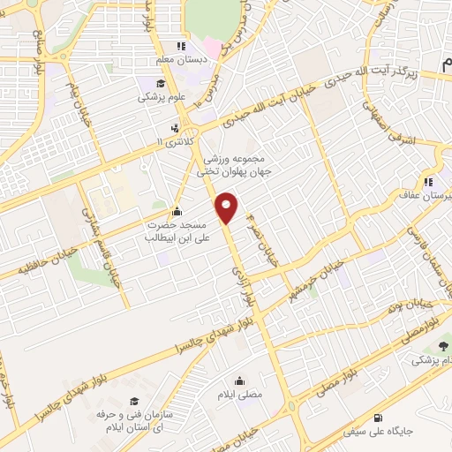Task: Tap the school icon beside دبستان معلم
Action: (180, 46)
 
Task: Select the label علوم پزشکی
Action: (161, 98)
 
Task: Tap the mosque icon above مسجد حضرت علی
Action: (177, 211)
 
